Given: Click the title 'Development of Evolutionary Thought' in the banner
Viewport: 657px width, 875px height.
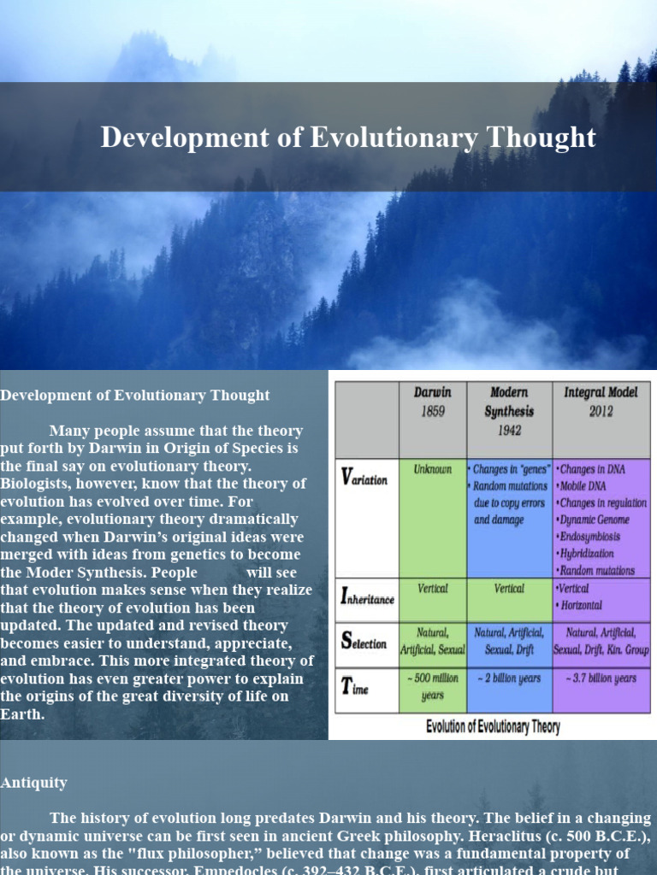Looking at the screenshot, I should pos(347,138).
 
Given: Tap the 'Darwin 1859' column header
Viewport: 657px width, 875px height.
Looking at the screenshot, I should pos(433,402).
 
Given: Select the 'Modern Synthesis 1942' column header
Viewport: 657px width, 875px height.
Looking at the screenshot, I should pos(510,411).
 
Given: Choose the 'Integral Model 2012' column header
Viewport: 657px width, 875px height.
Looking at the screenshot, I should pos(601,402).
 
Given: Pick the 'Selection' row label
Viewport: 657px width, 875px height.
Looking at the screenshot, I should pos(364,642).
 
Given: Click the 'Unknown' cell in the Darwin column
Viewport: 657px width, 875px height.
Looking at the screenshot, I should pos(433,469).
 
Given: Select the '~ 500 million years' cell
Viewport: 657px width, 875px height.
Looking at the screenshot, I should pos(433,687).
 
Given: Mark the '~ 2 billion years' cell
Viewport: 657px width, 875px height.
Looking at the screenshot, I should pos(510,678).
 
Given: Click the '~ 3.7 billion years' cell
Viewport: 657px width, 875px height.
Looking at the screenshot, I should pos(601,678).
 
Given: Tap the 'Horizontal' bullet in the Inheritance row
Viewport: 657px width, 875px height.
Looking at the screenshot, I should pos(582,605).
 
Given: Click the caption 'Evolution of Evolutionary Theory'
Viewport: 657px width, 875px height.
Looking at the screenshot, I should pos(493,727).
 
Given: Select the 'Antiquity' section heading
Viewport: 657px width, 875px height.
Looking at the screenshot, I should pos(33,783).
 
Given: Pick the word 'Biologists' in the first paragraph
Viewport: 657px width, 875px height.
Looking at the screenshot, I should pos(38,484).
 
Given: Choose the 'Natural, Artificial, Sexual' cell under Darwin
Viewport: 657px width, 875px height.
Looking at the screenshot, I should pos(433,641).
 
